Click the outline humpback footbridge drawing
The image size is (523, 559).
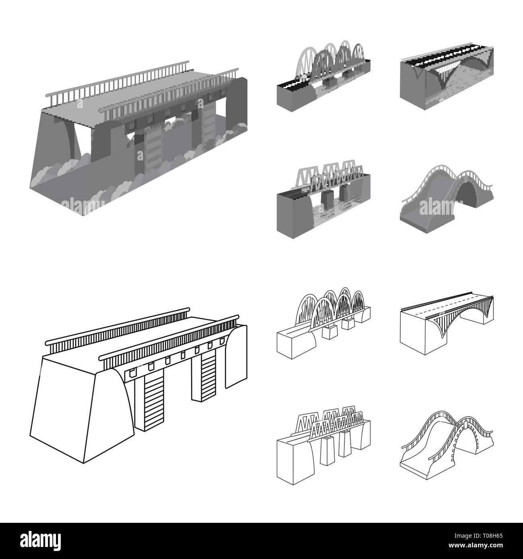coord(447,446)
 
